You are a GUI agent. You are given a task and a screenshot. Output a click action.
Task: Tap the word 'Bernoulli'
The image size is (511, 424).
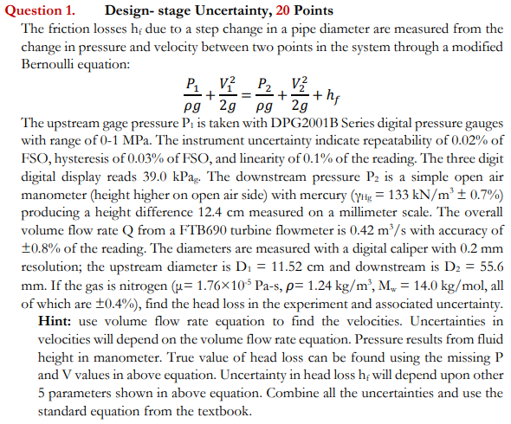point(49,65)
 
